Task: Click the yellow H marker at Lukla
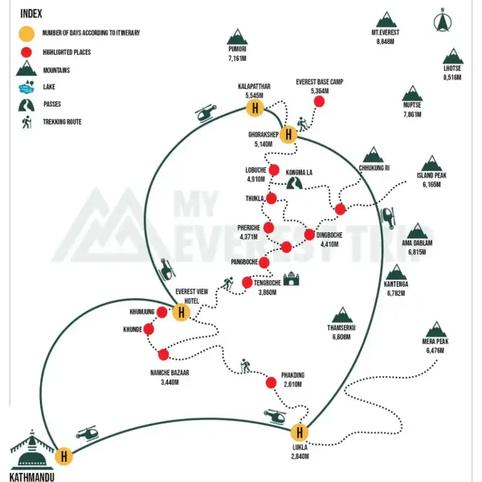coord(300,432)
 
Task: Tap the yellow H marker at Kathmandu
coord(64,456)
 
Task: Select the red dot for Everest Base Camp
coord(319,101)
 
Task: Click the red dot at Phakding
coord(271,382)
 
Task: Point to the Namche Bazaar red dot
coord(163,354)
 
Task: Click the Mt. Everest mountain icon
coord(386,19)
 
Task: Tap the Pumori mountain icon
coord(237,37)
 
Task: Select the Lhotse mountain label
coord(452,68)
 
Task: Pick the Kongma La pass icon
coord(294,182)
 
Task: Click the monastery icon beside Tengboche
coord(291,279)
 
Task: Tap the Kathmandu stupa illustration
coord(30,451)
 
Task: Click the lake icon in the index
coord(27,87)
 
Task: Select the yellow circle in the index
coord(27,34)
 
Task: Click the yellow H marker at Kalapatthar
coord(255,108)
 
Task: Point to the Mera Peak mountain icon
coord(436,329)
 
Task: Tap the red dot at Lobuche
coord(274,170)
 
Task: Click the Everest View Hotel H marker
coord(182,312)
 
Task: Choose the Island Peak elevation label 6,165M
coord(431,185)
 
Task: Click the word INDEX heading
coord(31,14)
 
